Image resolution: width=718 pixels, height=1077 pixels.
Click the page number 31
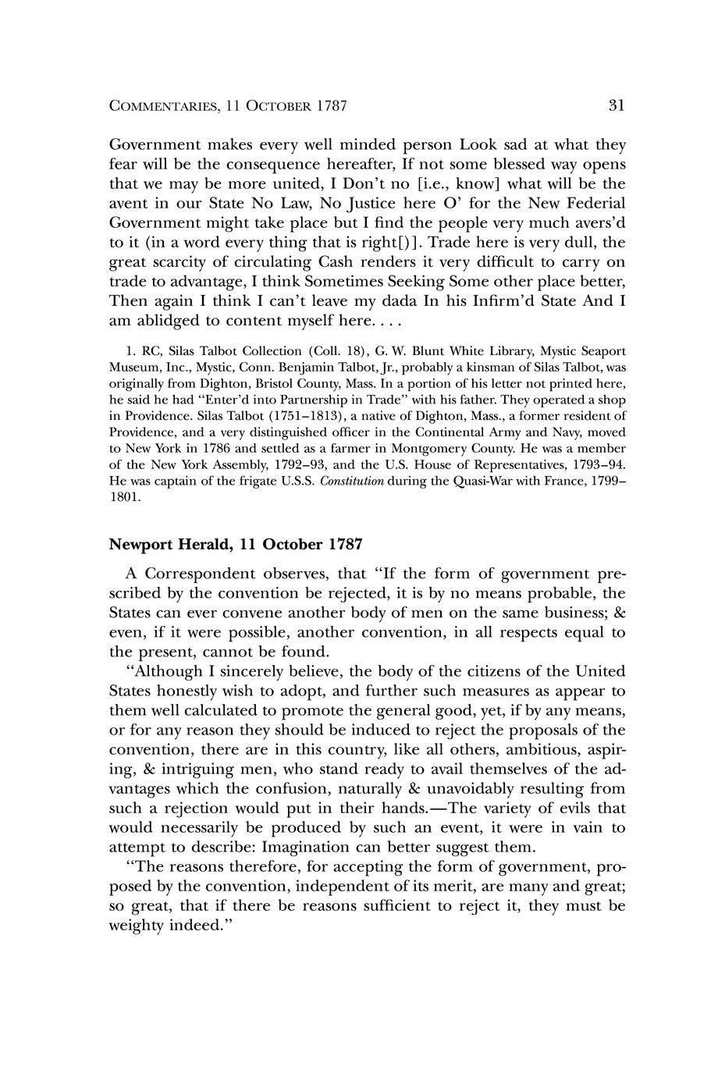point(616,105)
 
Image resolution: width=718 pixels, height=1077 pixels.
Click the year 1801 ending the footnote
point(124,497)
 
